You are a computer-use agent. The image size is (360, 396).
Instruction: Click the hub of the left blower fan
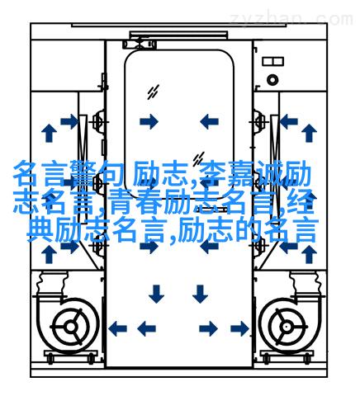(x=71, y=327)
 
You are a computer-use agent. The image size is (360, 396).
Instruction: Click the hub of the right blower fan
(x=287, y=327)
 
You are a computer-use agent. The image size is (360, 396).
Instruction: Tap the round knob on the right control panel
(x=272, y=80)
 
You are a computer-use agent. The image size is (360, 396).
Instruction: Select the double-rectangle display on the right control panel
(x=272, y=61)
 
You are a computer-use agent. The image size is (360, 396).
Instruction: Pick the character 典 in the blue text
(x=40, y=230)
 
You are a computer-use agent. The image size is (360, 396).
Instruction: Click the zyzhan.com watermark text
(x=291, y=19)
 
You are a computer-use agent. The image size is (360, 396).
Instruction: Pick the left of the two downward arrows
(x=156, y=294)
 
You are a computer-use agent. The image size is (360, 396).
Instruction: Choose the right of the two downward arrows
(x=200, y=294)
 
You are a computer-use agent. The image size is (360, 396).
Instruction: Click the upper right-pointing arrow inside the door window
(x=149, y=121)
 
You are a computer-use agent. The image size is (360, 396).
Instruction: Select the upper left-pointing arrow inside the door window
(x=209, y=121)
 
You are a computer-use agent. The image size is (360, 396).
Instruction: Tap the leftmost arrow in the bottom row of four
(x=117, y=328)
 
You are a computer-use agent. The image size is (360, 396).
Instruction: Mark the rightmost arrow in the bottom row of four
(x=239, y=328)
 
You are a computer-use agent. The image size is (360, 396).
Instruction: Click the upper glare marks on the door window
(x=153, y=92)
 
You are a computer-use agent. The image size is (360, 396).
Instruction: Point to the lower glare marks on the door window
(x=198, y=159)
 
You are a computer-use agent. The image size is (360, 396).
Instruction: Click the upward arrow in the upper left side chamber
(x=49, y=133)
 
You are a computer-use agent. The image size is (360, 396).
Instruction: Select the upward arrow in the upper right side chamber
(x=309, y=133)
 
